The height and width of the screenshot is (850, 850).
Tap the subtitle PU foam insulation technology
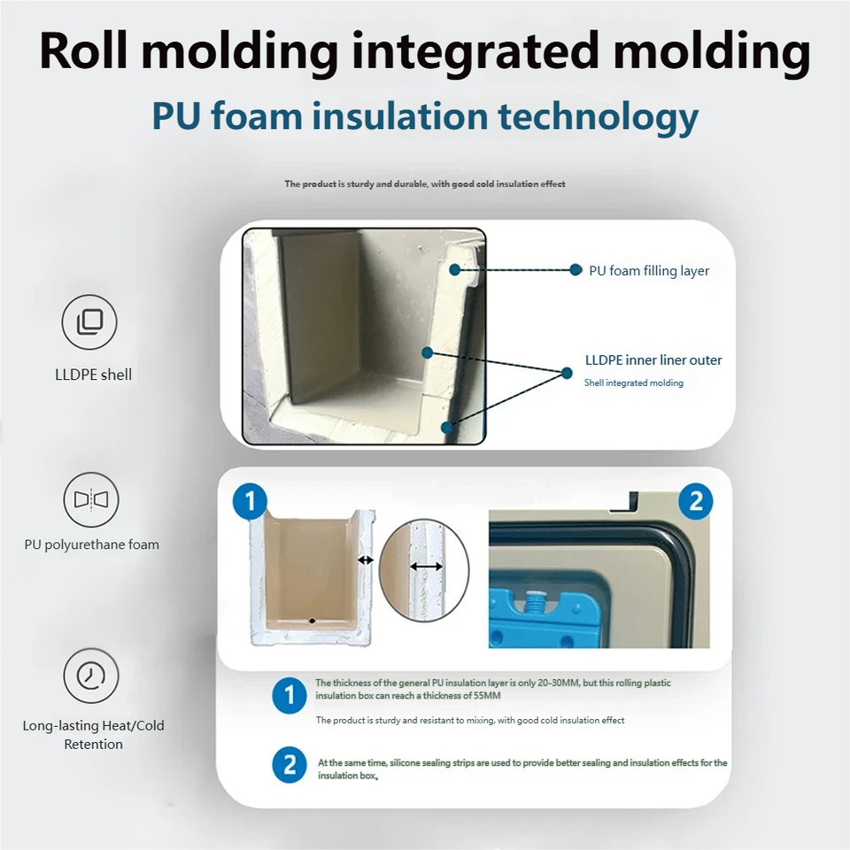[x=425, y=117]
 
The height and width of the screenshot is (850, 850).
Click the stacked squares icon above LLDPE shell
[x=89, y=322]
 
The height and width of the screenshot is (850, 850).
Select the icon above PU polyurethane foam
[x=90, y=500]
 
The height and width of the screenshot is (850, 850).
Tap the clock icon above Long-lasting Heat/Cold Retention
[x=90, y=676]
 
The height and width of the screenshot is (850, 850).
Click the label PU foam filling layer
[x=649, y=271]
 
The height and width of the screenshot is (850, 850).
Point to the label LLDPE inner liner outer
[x=653, y=360]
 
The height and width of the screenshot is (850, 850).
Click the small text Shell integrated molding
[x=633, y=383]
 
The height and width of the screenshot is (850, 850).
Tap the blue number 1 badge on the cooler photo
[x=250, y=502]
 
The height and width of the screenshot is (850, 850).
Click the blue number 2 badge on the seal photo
[x=695, y=502]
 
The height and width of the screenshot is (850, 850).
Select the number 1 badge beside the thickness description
[x=289, y=696]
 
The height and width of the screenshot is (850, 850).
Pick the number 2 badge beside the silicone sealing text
[x=289, y=765]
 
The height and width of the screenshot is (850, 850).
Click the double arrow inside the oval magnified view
[x=427, y=566]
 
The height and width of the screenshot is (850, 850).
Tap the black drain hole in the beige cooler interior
[x=311, y=621]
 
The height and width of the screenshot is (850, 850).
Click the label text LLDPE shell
[x=93, y=375]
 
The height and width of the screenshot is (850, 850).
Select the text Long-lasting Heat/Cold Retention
[x=93, y=735]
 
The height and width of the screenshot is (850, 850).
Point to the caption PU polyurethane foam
[x=92, y=545]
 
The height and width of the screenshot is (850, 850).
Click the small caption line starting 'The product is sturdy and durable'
[x=424, y=184]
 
